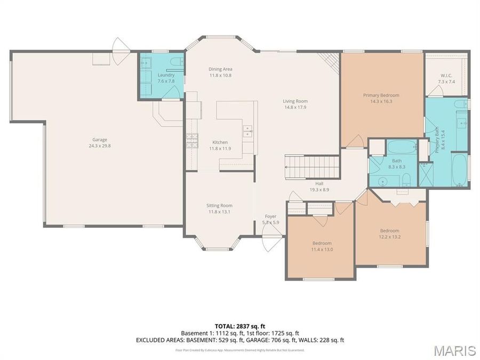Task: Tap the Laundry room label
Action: pyautogui.click(x=166, y=75)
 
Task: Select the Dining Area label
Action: pyautogui.click(x=220, y=69)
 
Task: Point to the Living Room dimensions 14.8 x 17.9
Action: pyautogui.click(x=295, y=107)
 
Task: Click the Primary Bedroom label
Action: pyautogui.click(x=381, y=95)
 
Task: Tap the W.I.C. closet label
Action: pyautogui.click(x=446, y=75)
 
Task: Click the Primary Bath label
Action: pyautogui.click(x=437, y=140)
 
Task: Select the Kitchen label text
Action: pyautogui.click(x=220, y=142)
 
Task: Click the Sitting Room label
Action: pyautogui.click(x=219, y=205)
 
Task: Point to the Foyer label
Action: pyautogui.click(x=270, y=216)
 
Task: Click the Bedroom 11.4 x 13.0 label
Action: pyautogui.click(x=322, y=243)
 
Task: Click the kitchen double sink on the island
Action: pyautogui.click(x=248, y=131)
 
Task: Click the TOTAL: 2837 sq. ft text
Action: pyautogui.click(x=239, y=326)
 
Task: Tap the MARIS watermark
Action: pyautogui.click(x=454, y=350)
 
